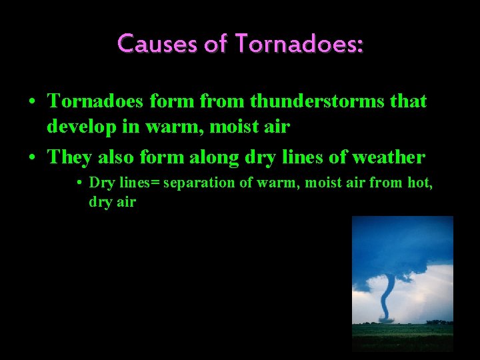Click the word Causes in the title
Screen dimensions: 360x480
[x=151, y=44]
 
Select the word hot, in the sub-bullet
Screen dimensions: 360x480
[x=420, y=183]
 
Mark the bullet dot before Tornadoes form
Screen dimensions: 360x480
[x=32, y=102]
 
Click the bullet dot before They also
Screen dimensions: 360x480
[x=32, y=158]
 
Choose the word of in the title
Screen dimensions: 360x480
[x=216, y=44]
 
